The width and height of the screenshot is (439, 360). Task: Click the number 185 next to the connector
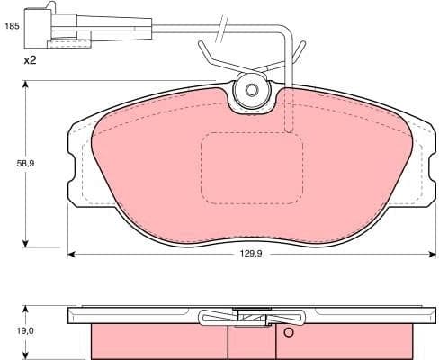coord(12,27)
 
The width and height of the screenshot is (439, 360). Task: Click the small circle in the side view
coord(289,333)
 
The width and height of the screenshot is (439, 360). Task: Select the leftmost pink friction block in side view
coord(158,341)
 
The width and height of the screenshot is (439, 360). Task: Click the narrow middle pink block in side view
coord(244,341)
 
